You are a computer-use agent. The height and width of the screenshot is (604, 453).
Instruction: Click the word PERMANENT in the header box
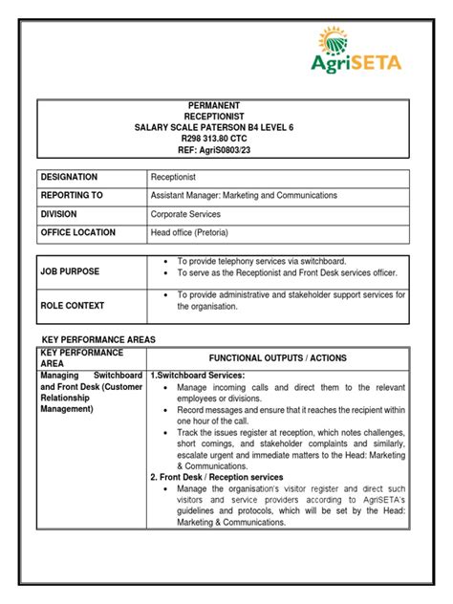[x=226, y=105]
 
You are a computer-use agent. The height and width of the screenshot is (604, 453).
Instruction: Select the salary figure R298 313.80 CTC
[x=226, y=138]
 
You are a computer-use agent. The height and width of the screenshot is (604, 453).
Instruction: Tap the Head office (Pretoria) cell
[x=189, y=232]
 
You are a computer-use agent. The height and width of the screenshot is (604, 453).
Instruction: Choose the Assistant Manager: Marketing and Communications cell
[x=244, y=196]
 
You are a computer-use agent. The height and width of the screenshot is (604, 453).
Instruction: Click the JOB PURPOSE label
[x=70, y=271]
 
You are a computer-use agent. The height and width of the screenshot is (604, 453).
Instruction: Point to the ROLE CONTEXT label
[x=73, y=305]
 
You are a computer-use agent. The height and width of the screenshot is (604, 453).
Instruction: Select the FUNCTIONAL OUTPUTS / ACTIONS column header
[x=278, y=357]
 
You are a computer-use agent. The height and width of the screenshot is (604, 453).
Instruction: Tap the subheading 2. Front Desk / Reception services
[x=216, y=476]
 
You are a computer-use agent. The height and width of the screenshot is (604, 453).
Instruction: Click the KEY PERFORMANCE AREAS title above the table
[x=99, y=339]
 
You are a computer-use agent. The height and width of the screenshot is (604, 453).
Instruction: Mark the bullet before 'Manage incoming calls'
[x=167, y=387]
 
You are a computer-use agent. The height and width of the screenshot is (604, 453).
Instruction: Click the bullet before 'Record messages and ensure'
[x=167, y=409]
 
